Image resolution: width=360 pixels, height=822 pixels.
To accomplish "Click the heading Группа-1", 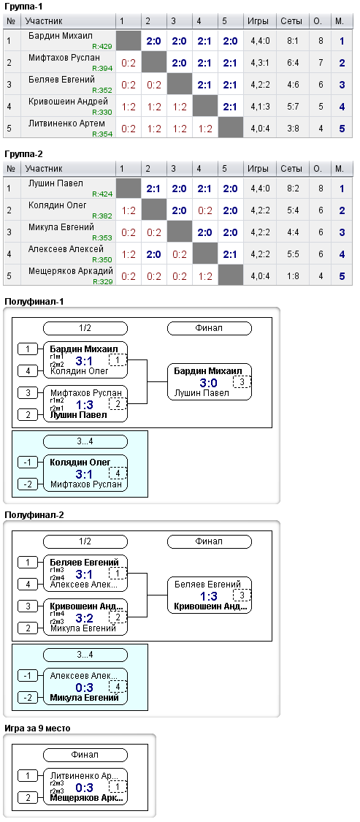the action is click(24, 7).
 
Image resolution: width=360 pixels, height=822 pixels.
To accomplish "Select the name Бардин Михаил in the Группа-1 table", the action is click(61, 36).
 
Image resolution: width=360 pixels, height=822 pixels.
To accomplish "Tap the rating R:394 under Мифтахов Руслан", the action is click(102, 68).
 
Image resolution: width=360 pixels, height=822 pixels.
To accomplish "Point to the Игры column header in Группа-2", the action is click(258, 169).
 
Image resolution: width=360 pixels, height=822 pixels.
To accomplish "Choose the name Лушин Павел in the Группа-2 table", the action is click(56, 183).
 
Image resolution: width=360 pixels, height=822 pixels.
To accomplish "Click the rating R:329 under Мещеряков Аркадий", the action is click(102, 281).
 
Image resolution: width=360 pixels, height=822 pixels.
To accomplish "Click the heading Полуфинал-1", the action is click(34, 301).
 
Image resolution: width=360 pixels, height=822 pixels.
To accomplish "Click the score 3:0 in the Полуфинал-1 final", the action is click(209, 383).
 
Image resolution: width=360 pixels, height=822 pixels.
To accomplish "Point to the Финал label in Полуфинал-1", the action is click(209, 328).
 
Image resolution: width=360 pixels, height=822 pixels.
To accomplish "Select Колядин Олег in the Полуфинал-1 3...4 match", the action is click(81, 463).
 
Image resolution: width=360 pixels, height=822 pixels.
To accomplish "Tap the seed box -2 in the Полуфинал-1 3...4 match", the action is click(28, 484).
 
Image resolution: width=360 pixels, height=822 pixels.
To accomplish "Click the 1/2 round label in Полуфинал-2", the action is click(85, 541).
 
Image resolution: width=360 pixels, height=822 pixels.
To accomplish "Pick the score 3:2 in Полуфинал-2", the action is click(85, 618).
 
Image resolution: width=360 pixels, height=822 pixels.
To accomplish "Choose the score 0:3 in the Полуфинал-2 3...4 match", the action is click(85, 688).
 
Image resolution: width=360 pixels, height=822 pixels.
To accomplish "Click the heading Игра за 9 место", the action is click(37, 728).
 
